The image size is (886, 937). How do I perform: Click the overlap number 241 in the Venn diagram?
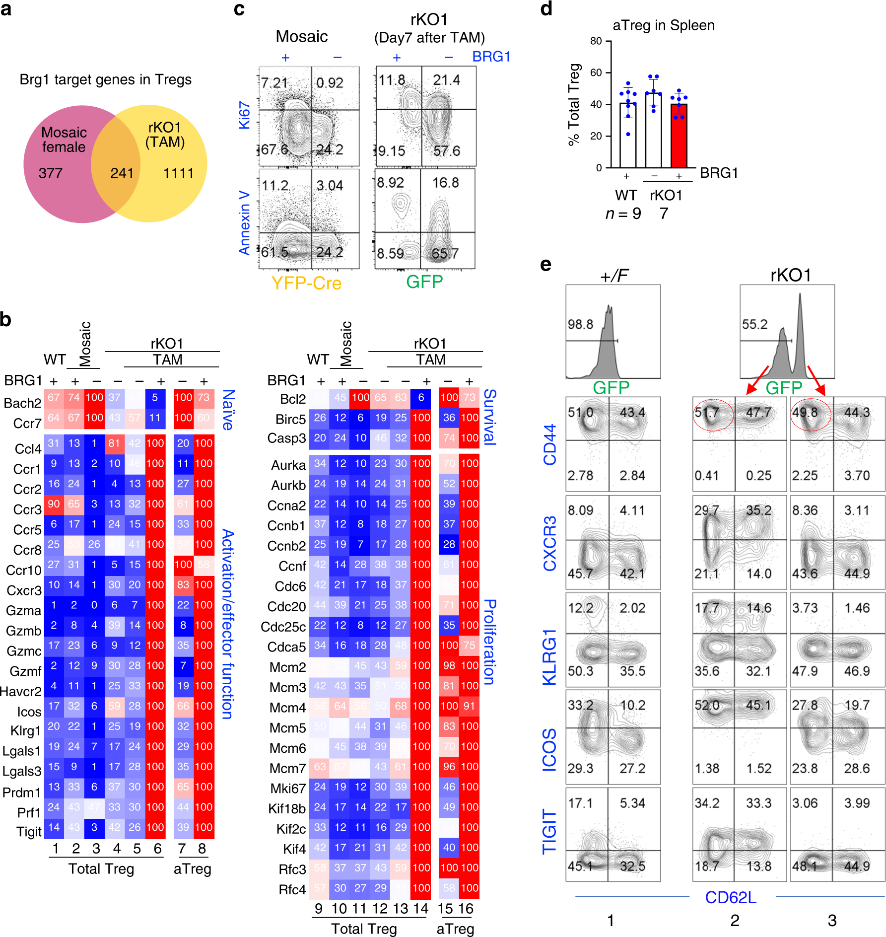[122, 173]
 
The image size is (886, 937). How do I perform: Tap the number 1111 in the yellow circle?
[178, 173]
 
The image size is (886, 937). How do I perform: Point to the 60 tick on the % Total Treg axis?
[596, 72]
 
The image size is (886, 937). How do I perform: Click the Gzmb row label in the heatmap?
[24, 631]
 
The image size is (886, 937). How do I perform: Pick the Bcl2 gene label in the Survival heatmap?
[292, 399]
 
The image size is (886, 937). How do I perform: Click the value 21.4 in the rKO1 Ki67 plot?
[446, 80]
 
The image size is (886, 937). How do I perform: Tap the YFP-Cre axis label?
[306, 283]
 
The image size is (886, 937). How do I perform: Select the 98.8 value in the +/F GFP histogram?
[580, 324]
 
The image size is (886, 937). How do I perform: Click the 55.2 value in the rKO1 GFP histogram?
[754, 324]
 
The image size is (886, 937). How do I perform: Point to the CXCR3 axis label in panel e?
[549, 543]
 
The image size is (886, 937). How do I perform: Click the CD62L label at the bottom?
[731, 897]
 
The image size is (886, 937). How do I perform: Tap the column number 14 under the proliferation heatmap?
[420, 909]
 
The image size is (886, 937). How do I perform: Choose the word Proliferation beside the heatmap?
[490, 642]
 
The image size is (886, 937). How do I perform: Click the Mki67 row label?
[288, 789]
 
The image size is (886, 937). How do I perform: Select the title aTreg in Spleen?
[663, 25]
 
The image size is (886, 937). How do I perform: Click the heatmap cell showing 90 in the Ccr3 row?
[54, 504]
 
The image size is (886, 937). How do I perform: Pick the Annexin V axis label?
[244, 222]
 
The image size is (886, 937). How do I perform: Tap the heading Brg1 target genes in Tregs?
[105, 79]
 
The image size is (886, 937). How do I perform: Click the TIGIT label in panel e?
[549, 831]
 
